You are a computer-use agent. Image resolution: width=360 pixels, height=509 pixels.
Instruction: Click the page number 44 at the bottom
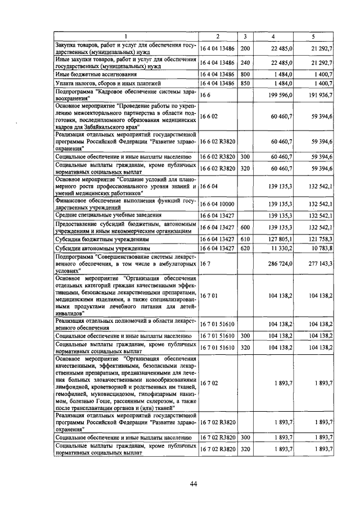tap(193, 483)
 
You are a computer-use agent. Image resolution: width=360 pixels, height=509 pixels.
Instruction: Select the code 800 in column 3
tap(245, 74)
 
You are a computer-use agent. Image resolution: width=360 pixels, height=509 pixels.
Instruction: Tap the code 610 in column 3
tap(245, 238)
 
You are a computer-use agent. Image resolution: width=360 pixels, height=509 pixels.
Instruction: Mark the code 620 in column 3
tap(245, 247)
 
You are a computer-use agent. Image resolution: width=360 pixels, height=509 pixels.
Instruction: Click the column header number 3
tap(245, 37)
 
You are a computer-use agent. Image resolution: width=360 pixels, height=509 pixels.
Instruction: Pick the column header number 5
tap(313, 37)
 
